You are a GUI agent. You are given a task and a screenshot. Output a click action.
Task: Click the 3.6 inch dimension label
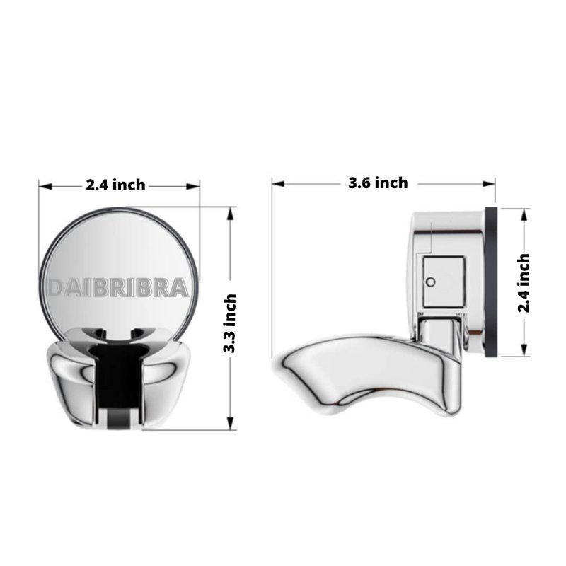tap(378, 183)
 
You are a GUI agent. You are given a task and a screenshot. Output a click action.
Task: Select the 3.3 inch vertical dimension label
tap(230, 323)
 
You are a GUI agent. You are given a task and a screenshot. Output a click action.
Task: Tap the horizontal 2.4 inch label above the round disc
tap(115, 185)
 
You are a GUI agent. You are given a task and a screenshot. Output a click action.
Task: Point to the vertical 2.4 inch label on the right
tap(524, 283)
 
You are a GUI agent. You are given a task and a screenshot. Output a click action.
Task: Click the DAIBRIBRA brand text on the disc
tap(118, 288)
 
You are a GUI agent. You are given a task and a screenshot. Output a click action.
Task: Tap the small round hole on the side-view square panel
tap(431, 282)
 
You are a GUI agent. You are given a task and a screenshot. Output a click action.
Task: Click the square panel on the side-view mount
tap(444, 282)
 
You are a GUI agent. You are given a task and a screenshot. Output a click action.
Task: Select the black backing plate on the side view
tap(491, 282)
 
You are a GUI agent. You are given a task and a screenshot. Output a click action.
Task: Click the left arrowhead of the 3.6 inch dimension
tap(278, 184)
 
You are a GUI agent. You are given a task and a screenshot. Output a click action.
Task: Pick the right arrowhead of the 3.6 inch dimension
tap(489, 184)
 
